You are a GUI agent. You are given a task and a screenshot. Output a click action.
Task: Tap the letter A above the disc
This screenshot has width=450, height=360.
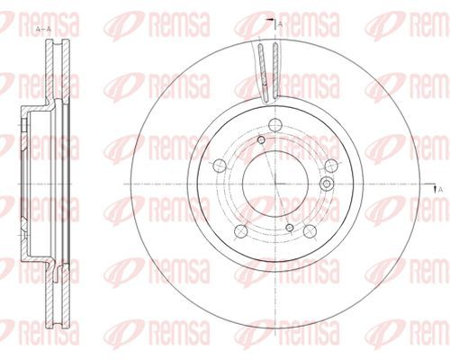[x=281, y=24]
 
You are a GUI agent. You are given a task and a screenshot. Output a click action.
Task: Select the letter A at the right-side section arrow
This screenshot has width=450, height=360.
[x=440, y=190]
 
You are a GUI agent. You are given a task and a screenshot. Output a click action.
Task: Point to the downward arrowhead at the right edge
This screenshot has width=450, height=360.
[x=434, y=188]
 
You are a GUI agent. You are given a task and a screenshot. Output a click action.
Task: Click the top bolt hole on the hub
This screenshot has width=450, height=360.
[x=274, y=125]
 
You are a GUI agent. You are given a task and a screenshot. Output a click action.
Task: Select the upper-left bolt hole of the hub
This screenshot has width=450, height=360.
[x=220, y=165]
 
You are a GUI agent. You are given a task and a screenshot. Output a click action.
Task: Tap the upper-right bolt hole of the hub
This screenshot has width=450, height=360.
[x=331, y=166]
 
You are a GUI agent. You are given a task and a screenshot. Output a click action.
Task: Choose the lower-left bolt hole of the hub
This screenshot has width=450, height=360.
[x=240, y=230]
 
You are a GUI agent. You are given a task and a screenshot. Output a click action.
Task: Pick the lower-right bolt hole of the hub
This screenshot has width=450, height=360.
[x=310, y=231]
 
